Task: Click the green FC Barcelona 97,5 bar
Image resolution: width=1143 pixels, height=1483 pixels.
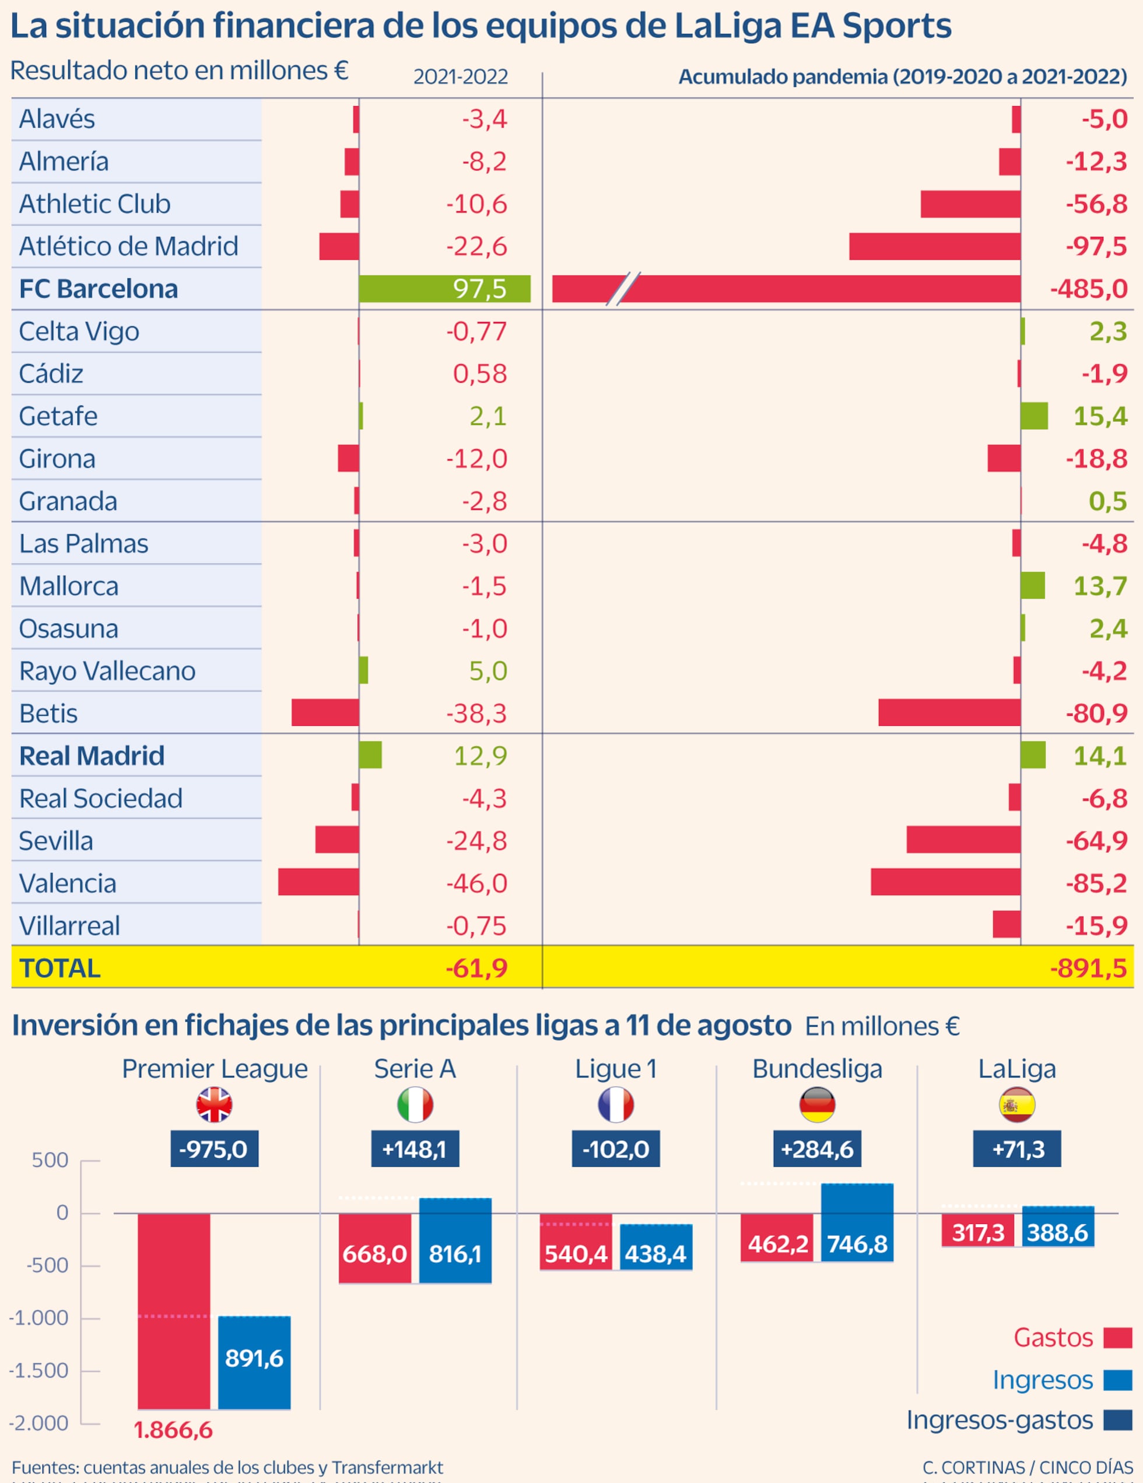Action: (x=444, y=289)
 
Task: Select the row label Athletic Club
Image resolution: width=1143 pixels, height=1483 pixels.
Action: (x=94, y=204)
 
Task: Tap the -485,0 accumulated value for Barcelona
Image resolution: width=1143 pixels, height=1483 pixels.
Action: (x=1088, y=289)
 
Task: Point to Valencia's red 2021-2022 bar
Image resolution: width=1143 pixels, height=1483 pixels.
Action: (x=318, y=882)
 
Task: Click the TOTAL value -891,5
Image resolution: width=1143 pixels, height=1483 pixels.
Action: (x=1088, y=968)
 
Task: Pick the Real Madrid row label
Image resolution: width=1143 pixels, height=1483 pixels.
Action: (x=92, y=756)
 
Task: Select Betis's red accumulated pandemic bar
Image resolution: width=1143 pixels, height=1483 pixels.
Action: (x=949, y=712)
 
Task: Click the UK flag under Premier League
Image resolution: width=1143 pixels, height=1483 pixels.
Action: (x=214, y=1105)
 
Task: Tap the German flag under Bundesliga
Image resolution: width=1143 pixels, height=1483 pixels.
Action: (x=816, y=1105)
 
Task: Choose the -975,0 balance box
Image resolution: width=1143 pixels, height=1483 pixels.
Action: (x=214, y=1149)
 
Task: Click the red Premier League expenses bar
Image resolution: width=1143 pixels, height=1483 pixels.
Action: (x=174, y=1310)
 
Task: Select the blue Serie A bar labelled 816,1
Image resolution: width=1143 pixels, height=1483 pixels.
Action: (x=455, y=1240)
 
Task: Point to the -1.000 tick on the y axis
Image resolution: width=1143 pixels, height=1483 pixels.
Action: (x=40, y=1318)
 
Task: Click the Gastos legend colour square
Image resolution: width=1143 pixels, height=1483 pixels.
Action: (x=1117, y=1338)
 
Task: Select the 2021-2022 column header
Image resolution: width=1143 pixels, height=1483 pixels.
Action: (x=460, y=77)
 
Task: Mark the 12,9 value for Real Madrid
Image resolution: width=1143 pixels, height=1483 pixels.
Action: (x=480, y=756)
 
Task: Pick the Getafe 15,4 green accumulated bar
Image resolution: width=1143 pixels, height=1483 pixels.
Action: (x=1034, y=415)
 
